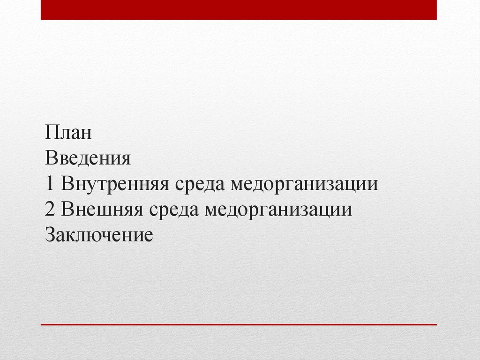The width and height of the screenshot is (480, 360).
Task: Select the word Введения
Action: point(88,158)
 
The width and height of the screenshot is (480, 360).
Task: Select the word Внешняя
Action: point(102,210)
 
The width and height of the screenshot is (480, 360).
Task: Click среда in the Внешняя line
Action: point(175,210)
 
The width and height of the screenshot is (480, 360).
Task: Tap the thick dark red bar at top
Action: point(239,10)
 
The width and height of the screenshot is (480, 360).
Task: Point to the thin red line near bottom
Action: point(239,324)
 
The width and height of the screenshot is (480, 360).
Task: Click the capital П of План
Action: point(52,133)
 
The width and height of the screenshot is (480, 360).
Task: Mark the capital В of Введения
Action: point(51,158)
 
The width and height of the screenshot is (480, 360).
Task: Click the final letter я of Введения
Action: point(125,160)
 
